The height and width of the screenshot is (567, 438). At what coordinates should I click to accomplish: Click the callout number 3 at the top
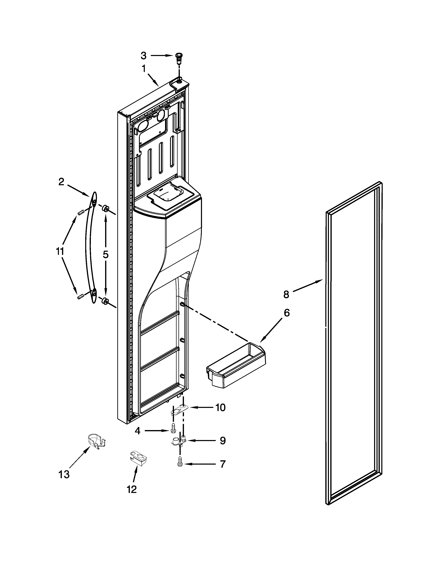(143, 55)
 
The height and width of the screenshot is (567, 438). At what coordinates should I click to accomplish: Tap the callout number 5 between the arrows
(105, 254)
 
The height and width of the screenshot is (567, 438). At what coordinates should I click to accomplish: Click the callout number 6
(287, 313)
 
